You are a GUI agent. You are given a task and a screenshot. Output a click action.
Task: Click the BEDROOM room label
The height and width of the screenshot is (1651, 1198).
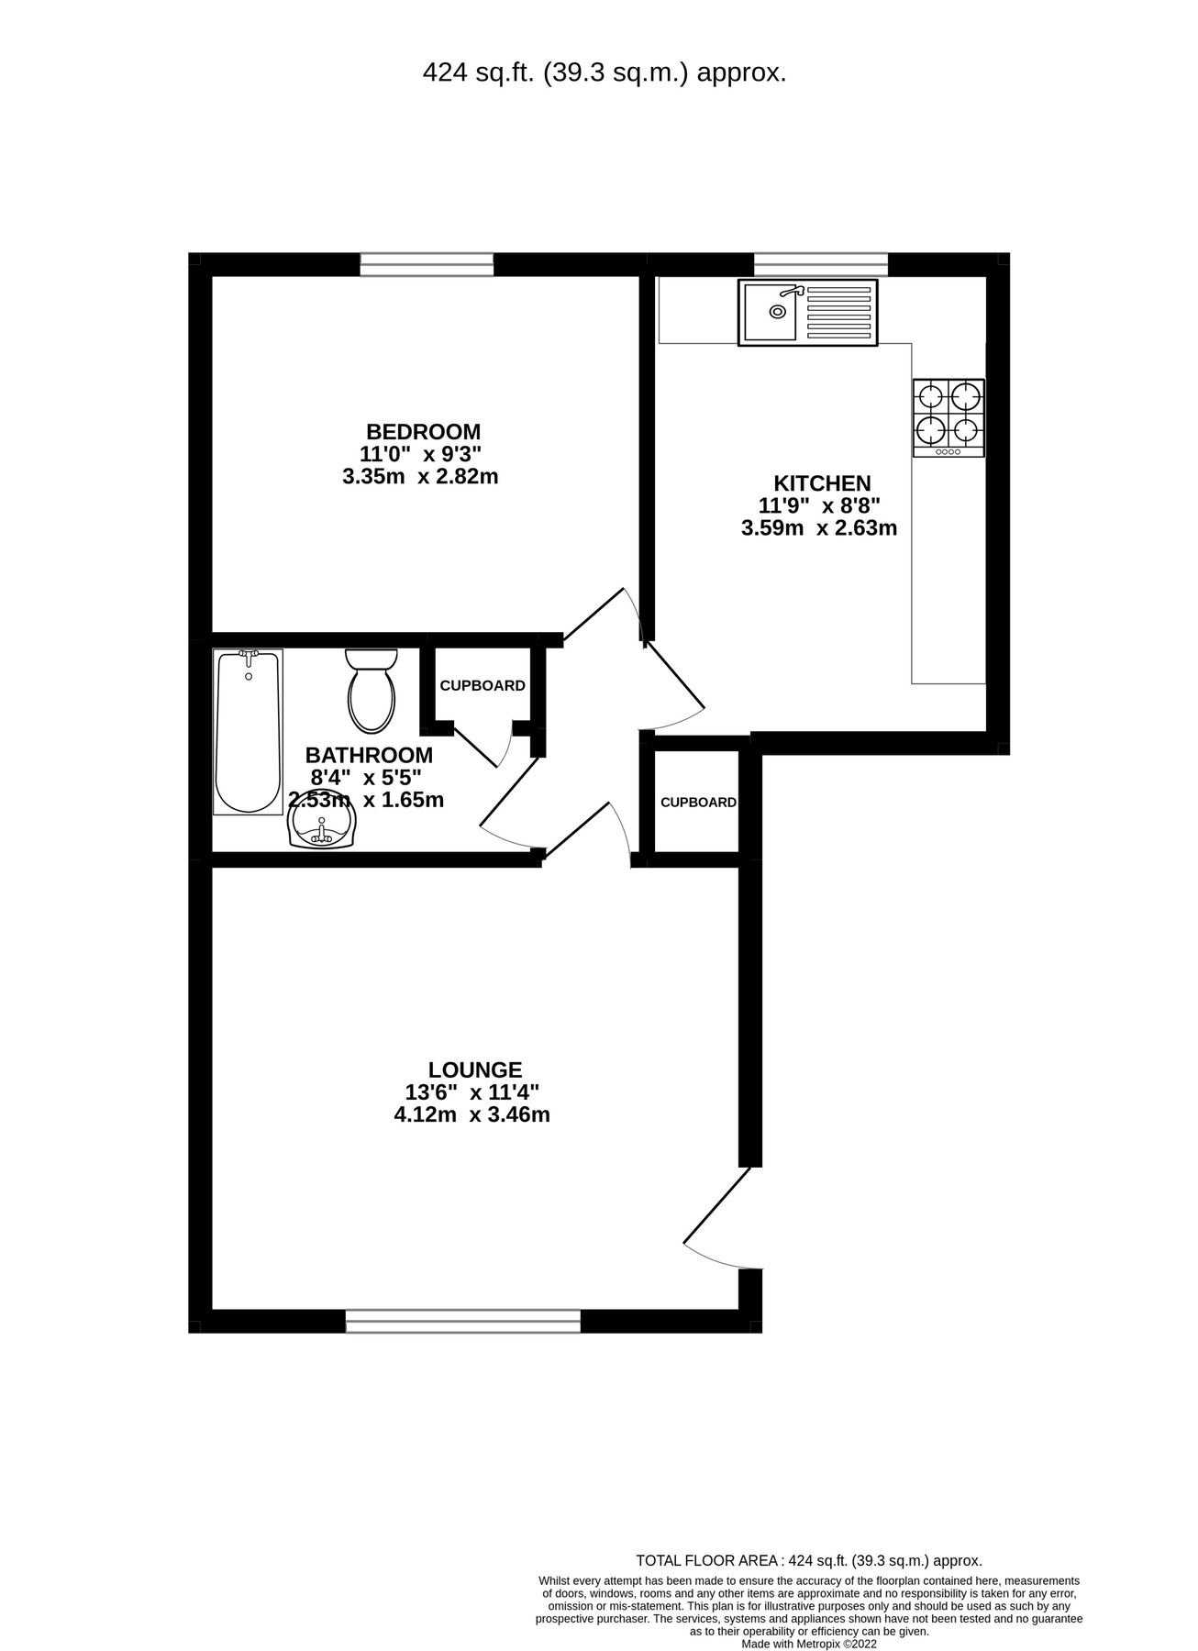click(x=423, y=431)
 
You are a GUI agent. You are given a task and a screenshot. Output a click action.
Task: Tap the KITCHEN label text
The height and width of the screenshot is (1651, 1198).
click(x=822, y=483)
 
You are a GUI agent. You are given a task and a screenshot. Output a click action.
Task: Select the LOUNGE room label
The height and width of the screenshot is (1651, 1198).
click(x=475, y=1069)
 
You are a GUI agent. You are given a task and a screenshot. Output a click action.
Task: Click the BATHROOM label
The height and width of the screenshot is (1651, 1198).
click(x=369, y=755)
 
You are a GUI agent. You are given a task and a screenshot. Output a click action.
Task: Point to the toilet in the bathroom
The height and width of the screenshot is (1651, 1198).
click(x=372, y=690)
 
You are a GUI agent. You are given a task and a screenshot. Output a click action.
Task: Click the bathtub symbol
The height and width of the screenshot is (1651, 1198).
click(x=248, y=731)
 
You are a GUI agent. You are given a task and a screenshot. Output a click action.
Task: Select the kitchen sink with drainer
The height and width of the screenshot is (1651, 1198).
click(x=807, y=313)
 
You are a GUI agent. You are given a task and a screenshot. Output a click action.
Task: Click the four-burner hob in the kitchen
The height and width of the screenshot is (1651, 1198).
click(x=948, y=417)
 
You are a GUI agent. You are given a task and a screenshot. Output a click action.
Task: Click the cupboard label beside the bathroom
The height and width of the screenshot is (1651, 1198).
click(x=483, y=686)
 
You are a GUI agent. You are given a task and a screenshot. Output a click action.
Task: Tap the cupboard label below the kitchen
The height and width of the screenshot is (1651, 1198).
click(x=698, y=803)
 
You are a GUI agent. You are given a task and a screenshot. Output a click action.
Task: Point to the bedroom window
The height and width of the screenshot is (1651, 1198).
click(x=427, y=264)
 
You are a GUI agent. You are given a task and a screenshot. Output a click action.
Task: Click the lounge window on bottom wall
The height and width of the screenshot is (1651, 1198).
click(x=463, y=1321)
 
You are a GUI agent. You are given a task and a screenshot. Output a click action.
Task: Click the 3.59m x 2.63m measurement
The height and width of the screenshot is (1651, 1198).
click(x=818, y=528)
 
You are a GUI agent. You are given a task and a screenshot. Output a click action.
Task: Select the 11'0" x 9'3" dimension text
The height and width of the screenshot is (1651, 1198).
click(x=420, y=454)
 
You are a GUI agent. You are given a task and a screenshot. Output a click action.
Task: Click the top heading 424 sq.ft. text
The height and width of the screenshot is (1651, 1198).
click(x=604, y=73)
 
